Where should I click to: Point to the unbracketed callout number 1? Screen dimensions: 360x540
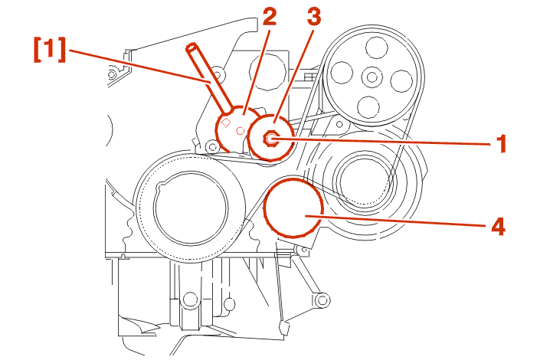pos(501,143)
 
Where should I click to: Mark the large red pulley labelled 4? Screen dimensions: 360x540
pos(293,207)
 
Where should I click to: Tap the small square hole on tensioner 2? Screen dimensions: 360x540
pos(226,122)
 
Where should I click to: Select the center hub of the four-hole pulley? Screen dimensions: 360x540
pos(372,77)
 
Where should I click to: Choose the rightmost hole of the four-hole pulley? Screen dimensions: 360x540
pos(401,80)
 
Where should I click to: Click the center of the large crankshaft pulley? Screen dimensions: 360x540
pos(191,207)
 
